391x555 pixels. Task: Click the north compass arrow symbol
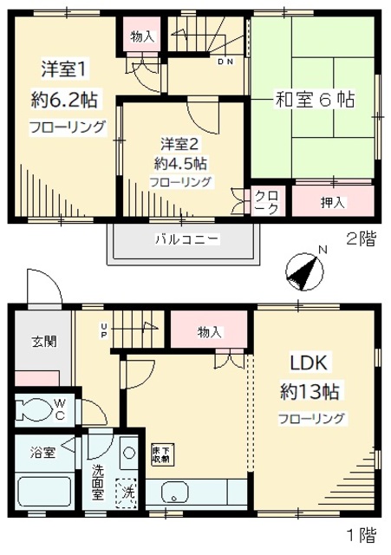click(x=301, y=272)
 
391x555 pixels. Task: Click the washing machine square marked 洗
click(x=127, y=492)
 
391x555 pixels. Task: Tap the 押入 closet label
click(x=333, y=203)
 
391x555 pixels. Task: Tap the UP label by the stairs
click(x=105, y=330)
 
